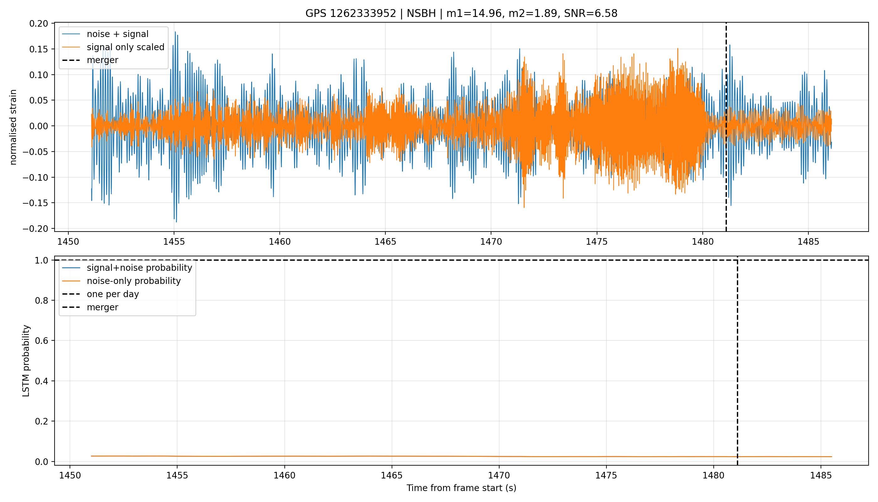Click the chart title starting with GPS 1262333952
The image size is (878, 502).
(461, 13)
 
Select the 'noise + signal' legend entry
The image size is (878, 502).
(105, 34)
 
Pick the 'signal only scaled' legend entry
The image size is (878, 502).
(113, 47)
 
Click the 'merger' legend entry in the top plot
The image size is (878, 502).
(90, 60)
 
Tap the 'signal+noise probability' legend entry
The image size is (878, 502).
(127, 268)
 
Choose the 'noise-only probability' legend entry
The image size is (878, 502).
(121, 281)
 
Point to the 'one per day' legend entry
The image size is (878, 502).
(100, 294)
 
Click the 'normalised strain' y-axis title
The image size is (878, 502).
(13, 127)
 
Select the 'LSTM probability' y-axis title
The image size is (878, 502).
(26, 360)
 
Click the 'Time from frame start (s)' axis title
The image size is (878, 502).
(461, 488)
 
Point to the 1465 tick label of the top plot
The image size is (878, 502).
(385, 242)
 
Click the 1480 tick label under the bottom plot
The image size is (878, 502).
(714, 475)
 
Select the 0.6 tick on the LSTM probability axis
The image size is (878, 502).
(42, 341)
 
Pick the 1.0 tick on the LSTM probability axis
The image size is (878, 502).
(42, 260)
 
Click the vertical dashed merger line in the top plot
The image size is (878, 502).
(726, 127)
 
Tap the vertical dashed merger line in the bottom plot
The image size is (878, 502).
(738, 360)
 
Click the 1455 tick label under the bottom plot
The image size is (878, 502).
(177, 475)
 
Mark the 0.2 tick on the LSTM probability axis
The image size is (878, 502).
(42, 421)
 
